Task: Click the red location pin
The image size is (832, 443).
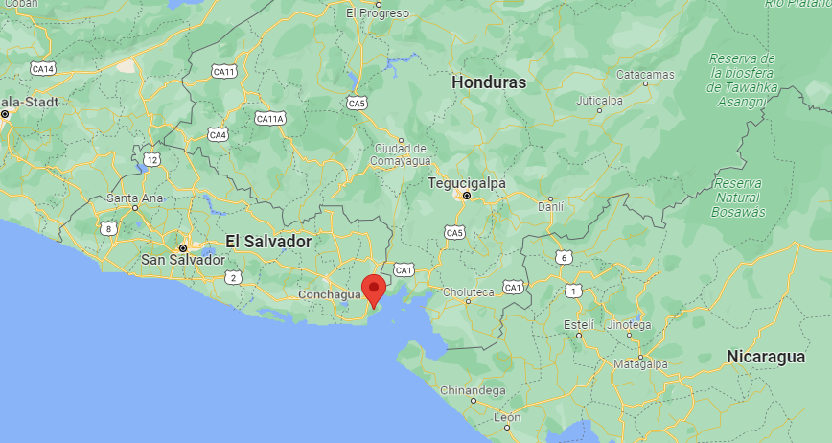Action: pos(374,289)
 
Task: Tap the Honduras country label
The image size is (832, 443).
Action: pos(489,82)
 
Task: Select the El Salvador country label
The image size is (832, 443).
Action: pos(268,242)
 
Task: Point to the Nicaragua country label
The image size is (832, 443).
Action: pos(765,357)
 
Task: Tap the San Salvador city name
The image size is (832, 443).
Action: pos(183,260)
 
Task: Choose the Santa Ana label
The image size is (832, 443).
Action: pos(134,198)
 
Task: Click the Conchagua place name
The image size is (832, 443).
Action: pos(329,295)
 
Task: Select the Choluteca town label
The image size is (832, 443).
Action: pos(468,291)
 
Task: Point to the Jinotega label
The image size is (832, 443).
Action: pos(629,325)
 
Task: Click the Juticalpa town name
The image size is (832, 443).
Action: pos(599,100)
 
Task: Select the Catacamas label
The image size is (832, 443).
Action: pos(645,74)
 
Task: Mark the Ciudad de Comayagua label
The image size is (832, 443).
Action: pos(401,154)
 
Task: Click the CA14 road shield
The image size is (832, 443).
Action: pos(43,68)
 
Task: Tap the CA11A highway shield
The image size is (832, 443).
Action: pos(270,118)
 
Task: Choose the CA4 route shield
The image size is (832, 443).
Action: pos(218,134)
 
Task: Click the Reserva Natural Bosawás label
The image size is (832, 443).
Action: pos(739,197)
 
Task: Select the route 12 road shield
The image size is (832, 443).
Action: pos(151,158)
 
